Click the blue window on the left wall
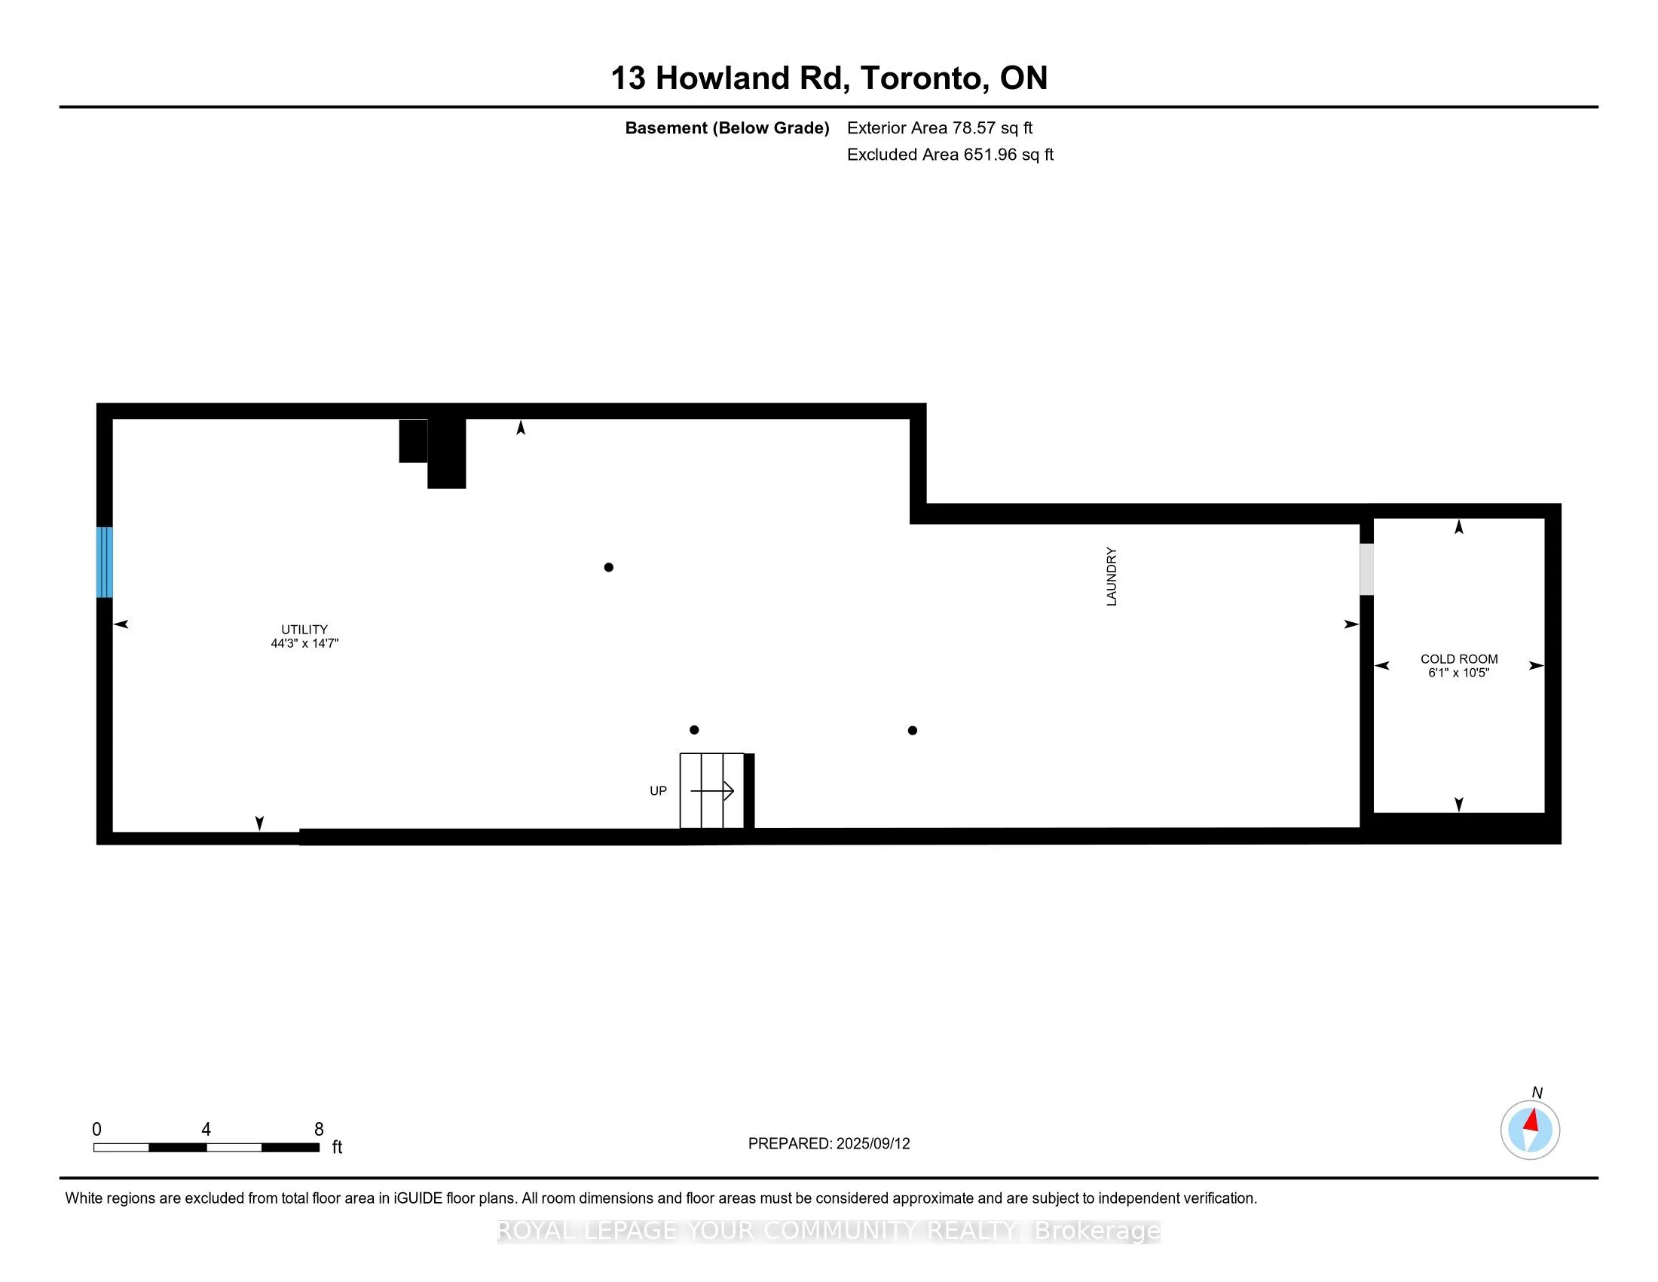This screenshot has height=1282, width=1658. pos(105,562)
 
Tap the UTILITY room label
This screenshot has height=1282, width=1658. pos(304,630)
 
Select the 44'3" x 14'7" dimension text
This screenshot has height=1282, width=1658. pos(304,643)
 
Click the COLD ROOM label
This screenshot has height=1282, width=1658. pos(1459,659)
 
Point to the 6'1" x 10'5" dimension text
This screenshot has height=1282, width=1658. pos(1459,673)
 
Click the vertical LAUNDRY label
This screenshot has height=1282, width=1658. pos(1112,576)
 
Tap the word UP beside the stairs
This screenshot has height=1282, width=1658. pos(658,790)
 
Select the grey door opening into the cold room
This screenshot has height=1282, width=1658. pos(1366,569)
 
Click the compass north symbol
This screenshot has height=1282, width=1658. pos(1531,1130)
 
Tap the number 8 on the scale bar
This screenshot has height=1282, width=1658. pos(319,1130)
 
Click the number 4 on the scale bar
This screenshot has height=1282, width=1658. pos(206,1130)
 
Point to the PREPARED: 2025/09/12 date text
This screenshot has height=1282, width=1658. pos(829,1144)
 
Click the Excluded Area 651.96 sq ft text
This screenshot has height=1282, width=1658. pos(950,155)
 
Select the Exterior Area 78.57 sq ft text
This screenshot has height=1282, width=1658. pos(940,128)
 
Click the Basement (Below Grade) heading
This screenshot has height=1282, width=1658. pos(727,128)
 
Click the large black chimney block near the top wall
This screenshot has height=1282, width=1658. pos(446,452)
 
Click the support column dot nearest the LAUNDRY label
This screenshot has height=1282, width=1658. pos(913,731)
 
